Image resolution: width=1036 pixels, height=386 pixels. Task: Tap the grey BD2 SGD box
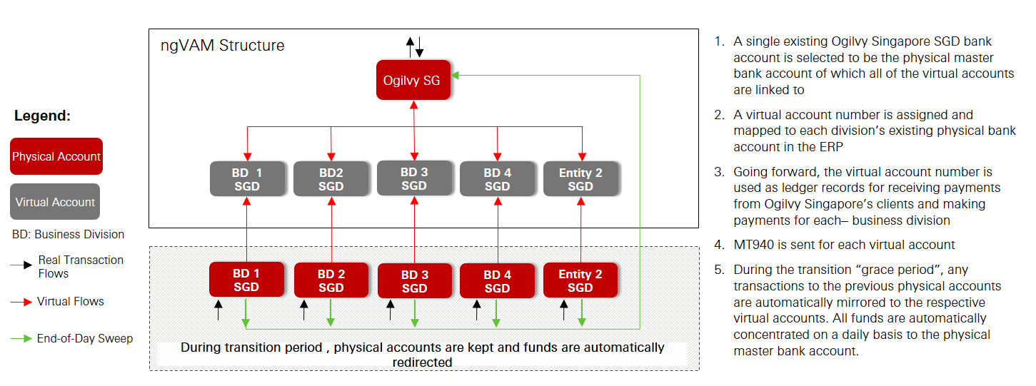pyautogui.click(x=331, y=179)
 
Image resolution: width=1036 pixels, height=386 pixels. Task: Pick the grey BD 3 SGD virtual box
pyautogui.click(x=414, y=178)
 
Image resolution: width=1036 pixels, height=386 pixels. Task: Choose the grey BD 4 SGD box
pyautogui.click(x=497, y=179)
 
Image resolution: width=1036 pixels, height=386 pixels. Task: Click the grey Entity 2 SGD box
pyautogui.click(x=580, y=179)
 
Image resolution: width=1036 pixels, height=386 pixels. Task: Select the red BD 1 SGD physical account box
pyautogui.click(x=246, y=280)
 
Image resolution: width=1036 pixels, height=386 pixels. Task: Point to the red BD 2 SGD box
pyautogui.click(x=331, y=280)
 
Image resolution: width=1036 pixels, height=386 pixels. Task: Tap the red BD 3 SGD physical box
pyautogui.click(x=414, y=281)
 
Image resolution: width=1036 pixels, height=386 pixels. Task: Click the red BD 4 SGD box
pyautogui.click(x=497, y=281)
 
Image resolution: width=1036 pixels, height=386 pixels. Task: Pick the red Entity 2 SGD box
pyautogui.click(x=580, y=280)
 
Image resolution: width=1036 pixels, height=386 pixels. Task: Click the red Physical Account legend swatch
pyautogui.click(x=56, y=156)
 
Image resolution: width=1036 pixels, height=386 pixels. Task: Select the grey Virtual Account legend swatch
pyautogui.click(x=55, y=202)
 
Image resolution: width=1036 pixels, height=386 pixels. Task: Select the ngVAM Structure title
pyautogui.click(x=223, y=46)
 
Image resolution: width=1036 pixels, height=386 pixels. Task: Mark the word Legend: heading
pyautogui.click(x=43, y=116)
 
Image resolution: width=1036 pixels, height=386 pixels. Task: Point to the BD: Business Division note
pyautogui.click(x=69, y=234)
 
